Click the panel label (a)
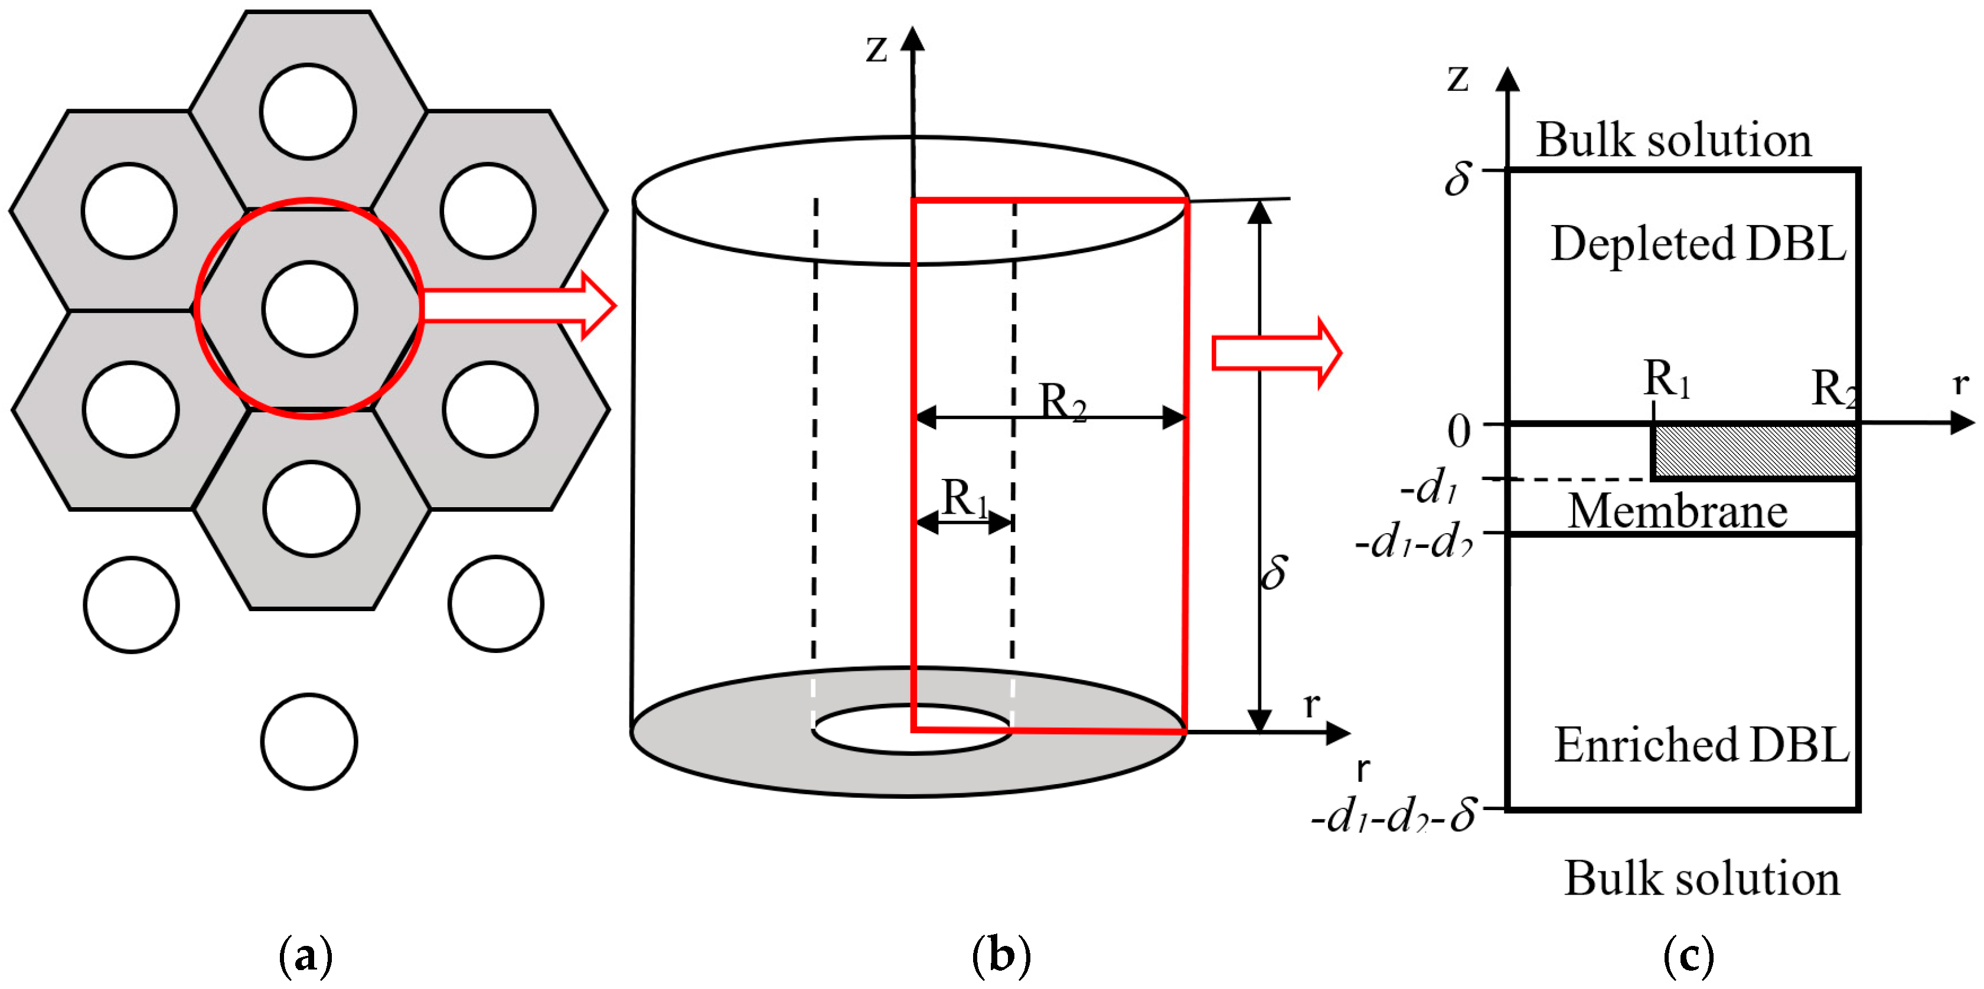(x=306, y=955)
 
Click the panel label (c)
(x=1689, y=955)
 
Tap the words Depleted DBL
(x=1698, y=244)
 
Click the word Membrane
(x=1678, y=511)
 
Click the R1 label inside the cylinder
(x=964, y=498)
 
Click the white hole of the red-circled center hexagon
(x=309, y=309)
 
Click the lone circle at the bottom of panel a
(x=309, y=742)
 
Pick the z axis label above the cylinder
(x=876, y=48)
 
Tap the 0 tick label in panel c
(x=1458, y=432)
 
